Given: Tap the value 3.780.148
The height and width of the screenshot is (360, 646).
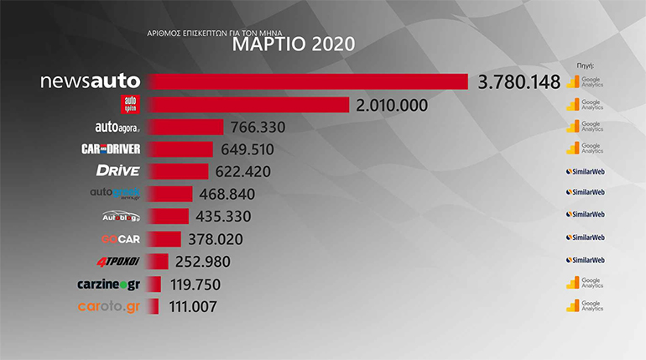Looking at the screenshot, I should (519, 82).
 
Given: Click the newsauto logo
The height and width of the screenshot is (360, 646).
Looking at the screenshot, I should (91, 81).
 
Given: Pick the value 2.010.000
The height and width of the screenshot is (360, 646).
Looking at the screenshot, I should (392, 105).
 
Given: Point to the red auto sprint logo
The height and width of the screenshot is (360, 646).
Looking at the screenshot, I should (129, 105).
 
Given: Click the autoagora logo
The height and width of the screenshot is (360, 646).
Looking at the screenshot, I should (117, 128).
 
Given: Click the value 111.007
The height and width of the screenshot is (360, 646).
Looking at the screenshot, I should (193, 307).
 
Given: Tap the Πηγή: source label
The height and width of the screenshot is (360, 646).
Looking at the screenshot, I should (586, 65).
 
